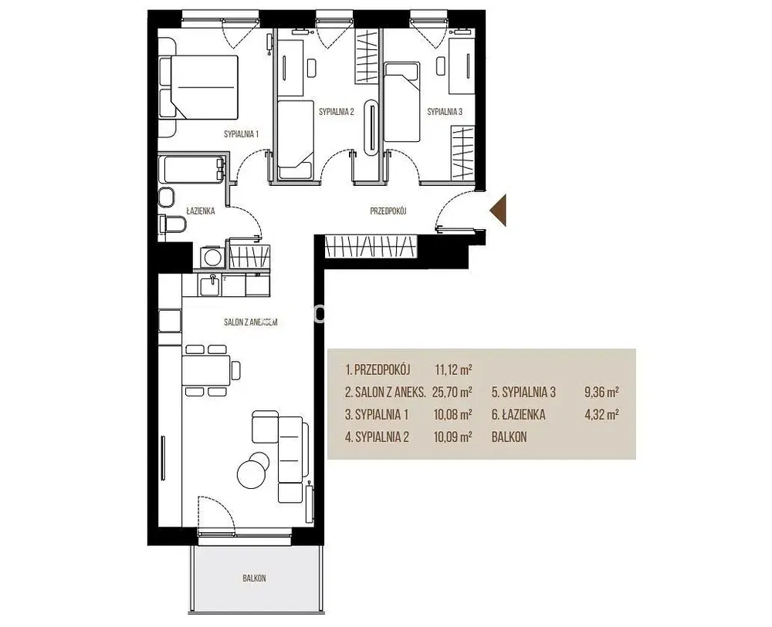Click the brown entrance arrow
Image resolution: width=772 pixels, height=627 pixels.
(499, 211)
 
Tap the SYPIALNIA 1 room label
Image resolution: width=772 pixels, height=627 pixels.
(241, 133)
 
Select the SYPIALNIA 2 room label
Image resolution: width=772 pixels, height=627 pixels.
(337, 112)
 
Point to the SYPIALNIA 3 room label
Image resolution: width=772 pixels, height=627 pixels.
(445, 112)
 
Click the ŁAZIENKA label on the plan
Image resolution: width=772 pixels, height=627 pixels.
(201, 211)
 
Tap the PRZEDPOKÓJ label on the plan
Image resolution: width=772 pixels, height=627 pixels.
(388, 211)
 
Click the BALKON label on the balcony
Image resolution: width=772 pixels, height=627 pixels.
(254, 578)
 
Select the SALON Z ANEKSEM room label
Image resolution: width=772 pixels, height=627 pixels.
(251, 322)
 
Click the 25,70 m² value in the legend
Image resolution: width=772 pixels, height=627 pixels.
(452, 392)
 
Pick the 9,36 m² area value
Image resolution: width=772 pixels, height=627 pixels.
(601, 392)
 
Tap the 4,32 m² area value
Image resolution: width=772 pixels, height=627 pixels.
(601, 415)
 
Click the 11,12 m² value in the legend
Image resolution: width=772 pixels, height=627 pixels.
(453, 369)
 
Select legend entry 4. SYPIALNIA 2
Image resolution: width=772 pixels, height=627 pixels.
(378, 437)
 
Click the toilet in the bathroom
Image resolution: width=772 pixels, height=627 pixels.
(172, 224)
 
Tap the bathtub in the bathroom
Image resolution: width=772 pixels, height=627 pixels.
(191, 170)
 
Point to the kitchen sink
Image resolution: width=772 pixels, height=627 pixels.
(211, 285)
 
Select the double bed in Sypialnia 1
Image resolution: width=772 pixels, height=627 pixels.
(198, 86)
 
